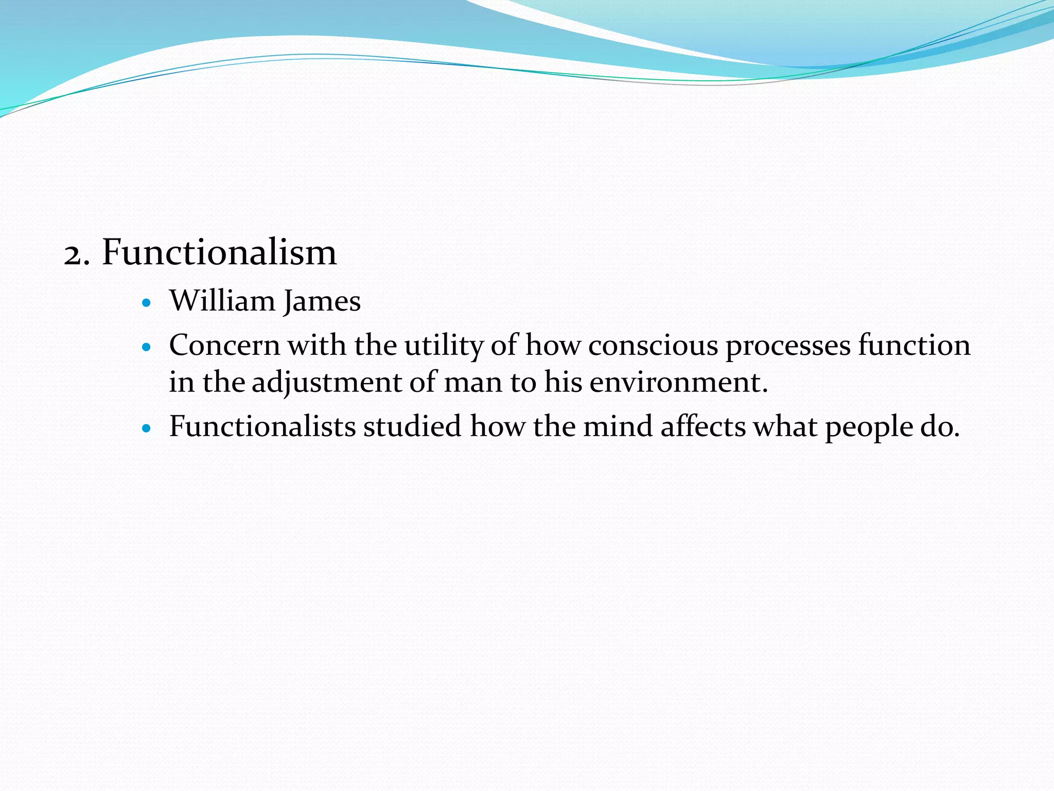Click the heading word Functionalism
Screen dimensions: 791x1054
click(219, 252)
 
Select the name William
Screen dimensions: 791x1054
click(222, 301)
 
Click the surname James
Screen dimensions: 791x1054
click(322, 302)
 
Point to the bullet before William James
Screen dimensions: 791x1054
click(147, 303)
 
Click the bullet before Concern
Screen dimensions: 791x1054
click(147, 348)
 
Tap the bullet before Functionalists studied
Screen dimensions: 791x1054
click(147, 428)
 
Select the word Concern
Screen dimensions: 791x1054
click(224, 345)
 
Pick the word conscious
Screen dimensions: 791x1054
click(653, 346)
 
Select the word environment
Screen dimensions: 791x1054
click(678, 383)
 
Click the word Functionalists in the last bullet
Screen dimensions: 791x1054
click(262, 426)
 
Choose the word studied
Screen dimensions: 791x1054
click(412, 426)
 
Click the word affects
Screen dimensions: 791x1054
click(703, 426)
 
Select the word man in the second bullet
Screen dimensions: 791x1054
click(473, 383)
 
